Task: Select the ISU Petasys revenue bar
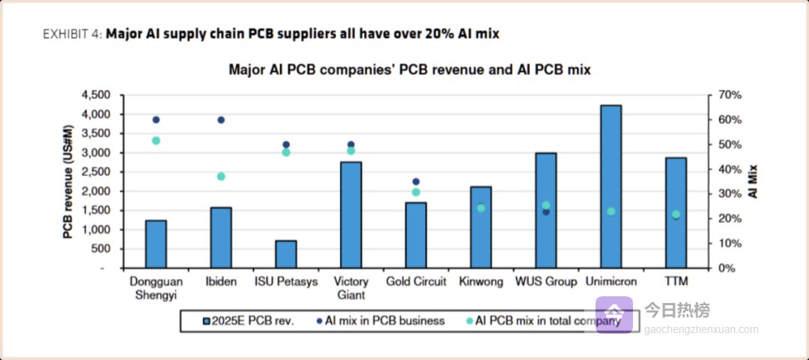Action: point(285,254)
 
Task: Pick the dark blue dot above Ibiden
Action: point(221,120)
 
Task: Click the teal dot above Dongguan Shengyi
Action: point(156,140)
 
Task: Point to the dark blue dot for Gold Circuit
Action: point(416,181)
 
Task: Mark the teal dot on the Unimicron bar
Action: point(610,211)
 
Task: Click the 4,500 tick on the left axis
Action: point(95,95)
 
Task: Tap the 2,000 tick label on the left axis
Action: point(95,191)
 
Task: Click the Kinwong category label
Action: point(481,282)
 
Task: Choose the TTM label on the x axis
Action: point(676,282)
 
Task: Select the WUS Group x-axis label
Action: point(546,282)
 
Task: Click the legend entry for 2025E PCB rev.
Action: point(247,321)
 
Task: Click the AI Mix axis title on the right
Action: point(753,181)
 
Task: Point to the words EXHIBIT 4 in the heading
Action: point(72,34)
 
